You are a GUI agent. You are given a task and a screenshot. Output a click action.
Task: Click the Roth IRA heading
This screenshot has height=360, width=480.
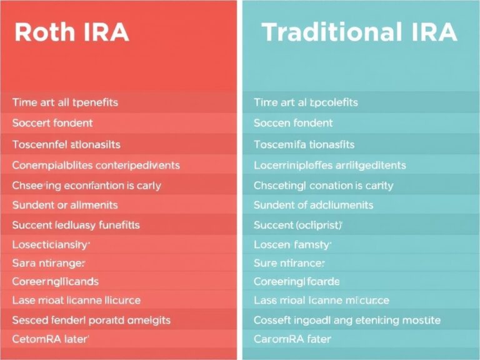[71, 32]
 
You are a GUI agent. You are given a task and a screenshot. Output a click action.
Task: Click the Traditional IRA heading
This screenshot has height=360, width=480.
[359, 32]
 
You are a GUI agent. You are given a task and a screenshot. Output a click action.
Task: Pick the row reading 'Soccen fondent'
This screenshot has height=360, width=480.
[293, 123]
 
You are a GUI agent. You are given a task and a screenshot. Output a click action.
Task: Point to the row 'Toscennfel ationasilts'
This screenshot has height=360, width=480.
[66, 144]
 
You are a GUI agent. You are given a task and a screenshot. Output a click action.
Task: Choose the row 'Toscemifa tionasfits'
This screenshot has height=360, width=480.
[304, 144]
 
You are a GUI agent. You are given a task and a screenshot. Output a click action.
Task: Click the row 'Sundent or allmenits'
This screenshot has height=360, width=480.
[64, 205]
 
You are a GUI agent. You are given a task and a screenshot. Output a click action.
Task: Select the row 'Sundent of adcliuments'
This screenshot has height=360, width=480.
[313, 205]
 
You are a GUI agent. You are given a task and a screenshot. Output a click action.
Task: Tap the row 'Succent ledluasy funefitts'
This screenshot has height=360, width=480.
[76, 225]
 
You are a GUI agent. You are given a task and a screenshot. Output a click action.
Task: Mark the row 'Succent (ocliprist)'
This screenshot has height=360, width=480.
[300, 225]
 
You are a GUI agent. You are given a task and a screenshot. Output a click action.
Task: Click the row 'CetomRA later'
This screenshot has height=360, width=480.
[51, 339]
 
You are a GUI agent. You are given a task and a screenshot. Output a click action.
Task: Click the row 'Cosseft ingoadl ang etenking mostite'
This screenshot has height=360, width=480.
[347, 320]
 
